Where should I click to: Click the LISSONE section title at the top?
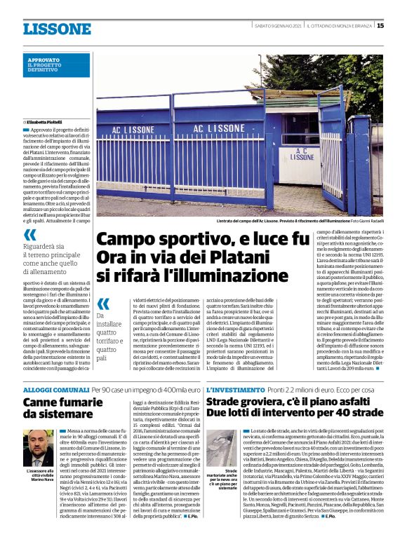tap(57, 29)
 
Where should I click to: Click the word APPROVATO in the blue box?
tap(44, 60)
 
